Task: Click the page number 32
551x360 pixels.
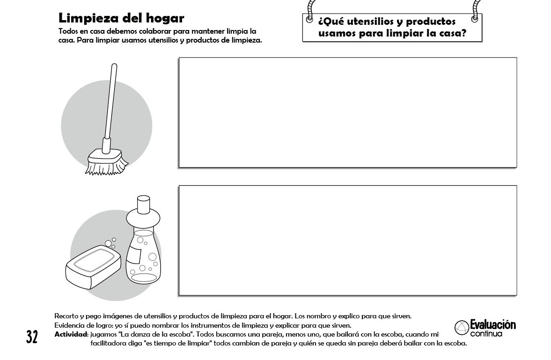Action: (32, 337)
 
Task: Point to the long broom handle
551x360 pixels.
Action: (110, 102)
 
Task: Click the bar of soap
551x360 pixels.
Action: (94, 267)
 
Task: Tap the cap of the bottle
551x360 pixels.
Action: (143, 205)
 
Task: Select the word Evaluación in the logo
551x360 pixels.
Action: (493, 325)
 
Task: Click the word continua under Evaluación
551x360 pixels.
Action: (486, 334)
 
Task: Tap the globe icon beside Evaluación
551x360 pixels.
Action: (462, 328)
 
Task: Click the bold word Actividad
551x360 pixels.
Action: (71, 334)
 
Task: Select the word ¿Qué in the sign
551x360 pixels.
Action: (331, 22)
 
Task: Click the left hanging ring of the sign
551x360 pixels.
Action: (309, 19)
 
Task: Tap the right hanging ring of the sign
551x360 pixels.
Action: (474, 19)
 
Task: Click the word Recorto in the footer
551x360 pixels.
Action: (66, 316)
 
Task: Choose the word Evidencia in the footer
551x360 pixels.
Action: (69, 325)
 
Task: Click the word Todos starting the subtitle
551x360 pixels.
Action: (68, 31)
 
